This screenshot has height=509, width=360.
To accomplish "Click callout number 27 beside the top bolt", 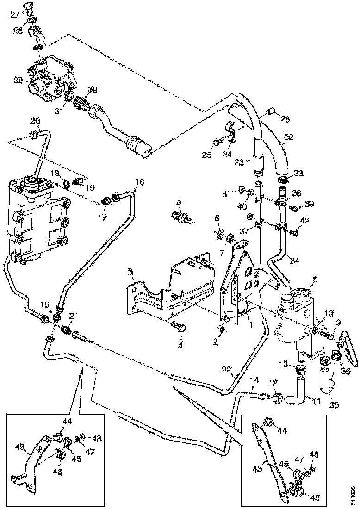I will [x=15, y=14].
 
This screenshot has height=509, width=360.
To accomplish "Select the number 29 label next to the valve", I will [x=18, y=81].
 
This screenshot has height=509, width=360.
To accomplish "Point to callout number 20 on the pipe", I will [x=35, y=121].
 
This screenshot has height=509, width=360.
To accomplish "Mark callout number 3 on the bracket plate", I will [x=131, y=271].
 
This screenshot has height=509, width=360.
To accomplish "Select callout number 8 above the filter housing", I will [x=315, y=279].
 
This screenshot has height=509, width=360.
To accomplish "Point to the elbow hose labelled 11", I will [x=296, y=397].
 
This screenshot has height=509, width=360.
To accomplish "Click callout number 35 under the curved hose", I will [x=334, y=405].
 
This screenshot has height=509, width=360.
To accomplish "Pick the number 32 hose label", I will [x=289, y=137].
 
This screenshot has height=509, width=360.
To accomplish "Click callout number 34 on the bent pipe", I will [x=294, y=261].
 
